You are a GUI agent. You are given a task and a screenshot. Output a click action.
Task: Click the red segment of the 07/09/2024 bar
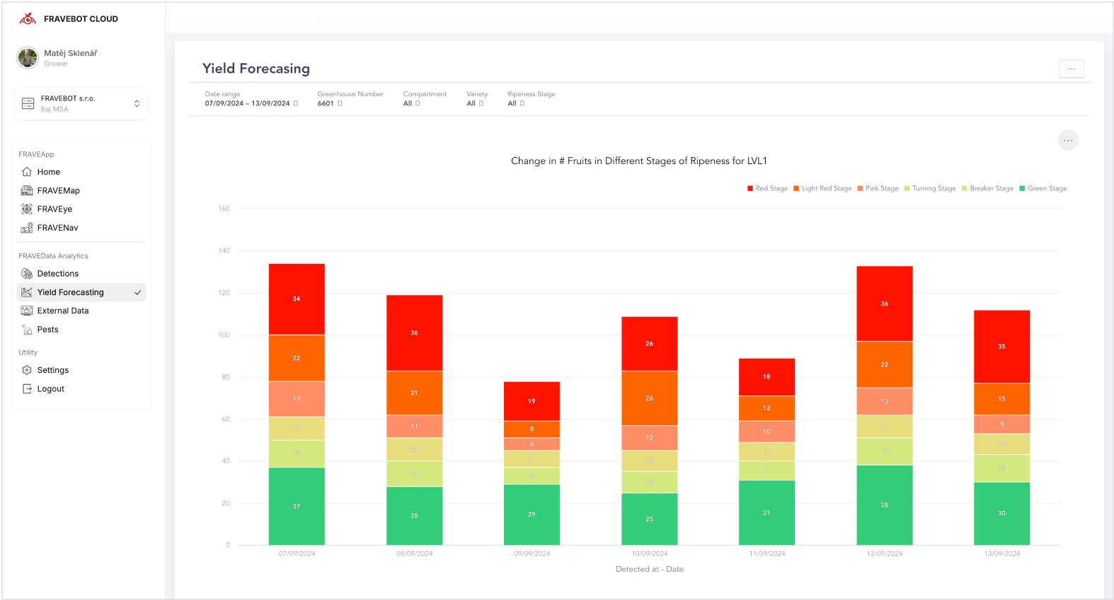[x=297, y=299]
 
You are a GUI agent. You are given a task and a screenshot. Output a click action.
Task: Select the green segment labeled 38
[x=884, y=504]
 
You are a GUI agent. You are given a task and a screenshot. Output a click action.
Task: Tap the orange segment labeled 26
[x=649, y=398]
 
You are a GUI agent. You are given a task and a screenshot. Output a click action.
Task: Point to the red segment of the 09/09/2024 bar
[x=532, y=401]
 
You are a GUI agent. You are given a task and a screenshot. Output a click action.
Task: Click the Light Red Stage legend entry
[x=822, y=188]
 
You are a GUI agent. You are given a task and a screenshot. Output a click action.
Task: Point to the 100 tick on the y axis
[x=224, y=335]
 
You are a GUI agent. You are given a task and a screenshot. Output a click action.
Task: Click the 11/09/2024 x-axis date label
[x=767, y=553]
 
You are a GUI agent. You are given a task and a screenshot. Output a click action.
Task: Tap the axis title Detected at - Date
[x=649, y=569]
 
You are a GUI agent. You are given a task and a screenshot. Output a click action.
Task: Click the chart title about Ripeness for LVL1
[x=638, y=161]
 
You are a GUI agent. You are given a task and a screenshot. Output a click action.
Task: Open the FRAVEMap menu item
[x=58, y=190]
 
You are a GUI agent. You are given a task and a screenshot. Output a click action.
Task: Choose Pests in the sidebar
[x=47, y=329]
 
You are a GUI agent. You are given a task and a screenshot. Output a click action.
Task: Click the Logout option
[x=50, y=388]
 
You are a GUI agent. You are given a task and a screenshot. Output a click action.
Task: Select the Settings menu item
[x=52, y=370]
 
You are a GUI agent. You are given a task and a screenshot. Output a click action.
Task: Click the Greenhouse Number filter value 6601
[x=326, y=103]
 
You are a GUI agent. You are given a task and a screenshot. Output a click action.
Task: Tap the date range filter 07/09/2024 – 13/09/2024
[x=248, y=103]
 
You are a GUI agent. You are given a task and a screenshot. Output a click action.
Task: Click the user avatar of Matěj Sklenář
[x=28, y=58]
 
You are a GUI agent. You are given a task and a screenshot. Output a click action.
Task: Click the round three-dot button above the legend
[x=1067, y=140]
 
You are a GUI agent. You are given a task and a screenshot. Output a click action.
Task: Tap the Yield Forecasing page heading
[x=255, y=69]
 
